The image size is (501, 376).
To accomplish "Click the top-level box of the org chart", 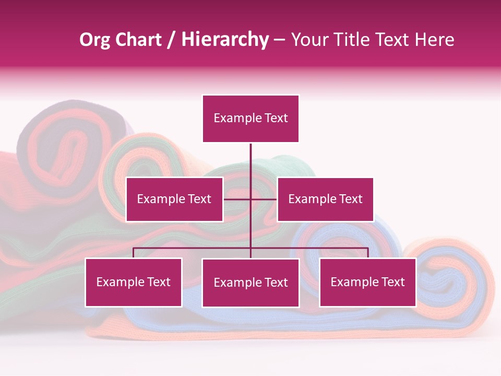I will click(x=250, y=119).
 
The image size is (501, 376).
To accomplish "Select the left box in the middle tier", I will click(x=174, y=199).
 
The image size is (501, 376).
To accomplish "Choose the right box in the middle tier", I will click(x=325, y=199).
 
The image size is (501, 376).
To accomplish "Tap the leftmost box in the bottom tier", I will click(x=134, y=282).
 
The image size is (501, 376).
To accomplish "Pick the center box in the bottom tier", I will click(x=250, y=283).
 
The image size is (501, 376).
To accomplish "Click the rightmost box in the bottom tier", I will click(x=367, y=282).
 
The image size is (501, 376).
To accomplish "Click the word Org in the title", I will click(x=94, y=40).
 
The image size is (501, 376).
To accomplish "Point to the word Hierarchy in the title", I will click(x=225, y=40).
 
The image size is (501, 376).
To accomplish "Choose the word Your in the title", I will click(x=309, y=40).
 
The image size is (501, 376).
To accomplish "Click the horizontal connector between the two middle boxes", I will click(x=250, y=199).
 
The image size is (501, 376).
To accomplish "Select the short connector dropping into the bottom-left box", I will click(x=134, y=253).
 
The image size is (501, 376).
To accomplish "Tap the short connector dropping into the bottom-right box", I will click(x=368, y=253).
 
